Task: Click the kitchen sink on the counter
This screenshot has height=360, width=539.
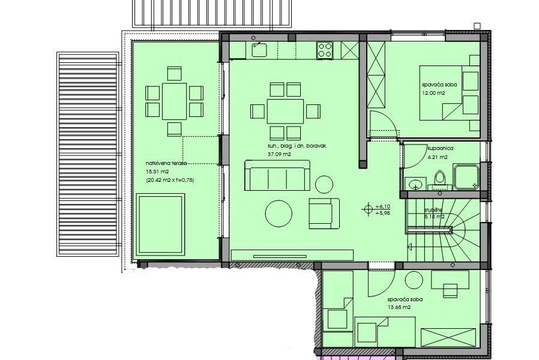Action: pyautogui.click(x=259, y=50)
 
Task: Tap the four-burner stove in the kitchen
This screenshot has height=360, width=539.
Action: pyautogui.click(x=325, y=50)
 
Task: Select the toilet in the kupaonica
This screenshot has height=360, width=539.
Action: pyautogui.click(x=439, y=181)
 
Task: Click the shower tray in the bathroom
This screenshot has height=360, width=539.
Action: pyautogui.click(x=466, y=177)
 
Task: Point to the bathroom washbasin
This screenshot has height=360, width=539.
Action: pyautogui.click(x=415, y=184)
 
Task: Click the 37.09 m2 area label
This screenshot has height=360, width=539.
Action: pyautogui.click(x=279, y=154)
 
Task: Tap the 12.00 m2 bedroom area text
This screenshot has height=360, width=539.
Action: pyautogui.click(x=434, y=93)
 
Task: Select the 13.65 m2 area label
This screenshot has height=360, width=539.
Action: pyautogui.click(x=399, y=307)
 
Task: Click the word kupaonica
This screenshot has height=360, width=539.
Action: pyautogui.click(x=441, y=148)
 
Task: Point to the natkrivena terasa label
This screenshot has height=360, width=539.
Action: pyautogui.click(x=166, y=163)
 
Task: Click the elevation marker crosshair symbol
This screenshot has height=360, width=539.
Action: pyautogui.click(x=368, y=209)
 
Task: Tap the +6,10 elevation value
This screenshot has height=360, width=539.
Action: pyautogui.click(x=383, y=206)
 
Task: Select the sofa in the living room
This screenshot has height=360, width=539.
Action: pyautogui.click(x=277, y=175)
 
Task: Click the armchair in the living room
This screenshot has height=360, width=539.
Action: pyautogui.click(x=324, y=214)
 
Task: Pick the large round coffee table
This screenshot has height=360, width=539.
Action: pyautogui.click(x=279, y=214)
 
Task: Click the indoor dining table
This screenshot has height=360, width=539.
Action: pyautogui.click(x=285, y=111)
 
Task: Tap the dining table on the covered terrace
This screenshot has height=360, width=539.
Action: pyautogui.click(x=174, y=101)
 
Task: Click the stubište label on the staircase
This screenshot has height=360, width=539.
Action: pyautogui.click(x=433, y=210)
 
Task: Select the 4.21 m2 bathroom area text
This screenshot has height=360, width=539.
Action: pyautogui.click(x=438, y=157)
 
